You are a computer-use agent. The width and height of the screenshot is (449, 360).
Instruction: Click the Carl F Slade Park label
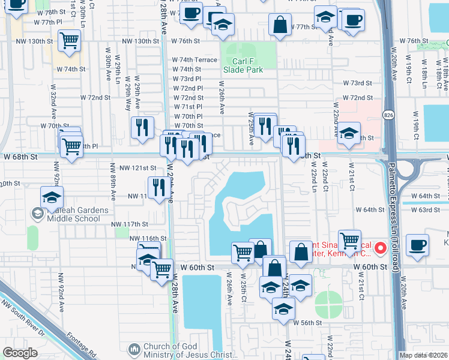point(243,65)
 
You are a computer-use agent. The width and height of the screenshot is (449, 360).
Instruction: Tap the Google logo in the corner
point(20,353)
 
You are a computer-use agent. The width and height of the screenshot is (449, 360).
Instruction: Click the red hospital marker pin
point(379,247)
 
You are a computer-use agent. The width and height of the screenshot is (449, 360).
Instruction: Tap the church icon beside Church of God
point(133,349)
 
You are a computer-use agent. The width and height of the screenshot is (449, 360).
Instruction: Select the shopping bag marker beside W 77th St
point(280,25)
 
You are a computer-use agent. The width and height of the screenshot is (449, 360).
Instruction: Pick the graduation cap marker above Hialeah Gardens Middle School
point(52,197)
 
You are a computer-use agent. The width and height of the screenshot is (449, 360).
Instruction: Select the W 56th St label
point(311,323)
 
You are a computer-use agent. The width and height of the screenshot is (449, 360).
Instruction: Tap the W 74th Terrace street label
point(194,60)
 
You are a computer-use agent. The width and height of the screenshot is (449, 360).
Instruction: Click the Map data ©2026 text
point(423,355)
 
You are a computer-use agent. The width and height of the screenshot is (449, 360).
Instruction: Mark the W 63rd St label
point(429,209)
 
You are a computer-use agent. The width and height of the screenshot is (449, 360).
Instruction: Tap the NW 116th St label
point(148,238)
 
